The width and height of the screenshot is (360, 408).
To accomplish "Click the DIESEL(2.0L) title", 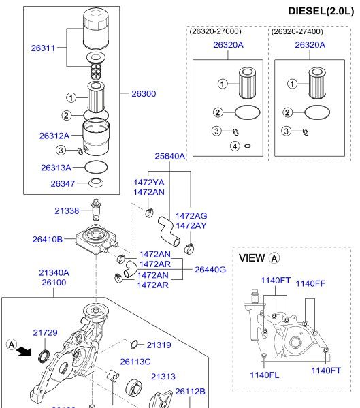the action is (x=321, y=11).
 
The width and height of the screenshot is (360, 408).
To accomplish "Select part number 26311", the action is (x=43, y=48).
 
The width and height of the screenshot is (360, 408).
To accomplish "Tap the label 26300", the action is (x=144, y=94).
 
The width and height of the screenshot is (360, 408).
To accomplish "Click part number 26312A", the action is (x=54, y=136).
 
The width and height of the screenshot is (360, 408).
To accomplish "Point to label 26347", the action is (x=63, y=183).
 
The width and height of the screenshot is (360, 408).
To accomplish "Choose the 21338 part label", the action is (x=67, y=210).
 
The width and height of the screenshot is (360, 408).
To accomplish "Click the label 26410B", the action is (x=48, y=239).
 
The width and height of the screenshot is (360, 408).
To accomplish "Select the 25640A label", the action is (x=170, y=156).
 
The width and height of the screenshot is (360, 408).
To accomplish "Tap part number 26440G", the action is (x=210, y=270).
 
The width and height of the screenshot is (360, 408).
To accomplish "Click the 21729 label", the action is (x=45, y=332).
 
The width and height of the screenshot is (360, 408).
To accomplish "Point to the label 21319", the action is (x=159, y=345).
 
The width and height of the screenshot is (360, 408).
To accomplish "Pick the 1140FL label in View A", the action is (x=264, y=375).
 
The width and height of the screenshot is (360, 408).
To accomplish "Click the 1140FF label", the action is (x=310, y=283).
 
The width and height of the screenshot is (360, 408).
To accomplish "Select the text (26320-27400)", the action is (x=297, y=31).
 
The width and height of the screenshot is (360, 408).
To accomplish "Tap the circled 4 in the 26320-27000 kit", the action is (x=235, y=146).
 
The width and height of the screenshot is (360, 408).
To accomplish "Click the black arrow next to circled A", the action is (x=24, y=351).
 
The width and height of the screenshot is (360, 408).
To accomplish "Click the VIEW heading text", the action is (x=252, y=258).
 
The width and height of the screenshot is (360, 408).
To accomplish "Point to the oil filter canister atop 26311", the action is (x=95, y=29).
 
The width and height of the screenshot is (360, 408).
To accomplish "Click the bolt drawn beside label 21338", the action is (x=96, y=210).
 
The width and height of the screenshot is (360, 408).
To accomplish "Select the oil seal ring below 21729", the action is (x=44, y=356).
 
